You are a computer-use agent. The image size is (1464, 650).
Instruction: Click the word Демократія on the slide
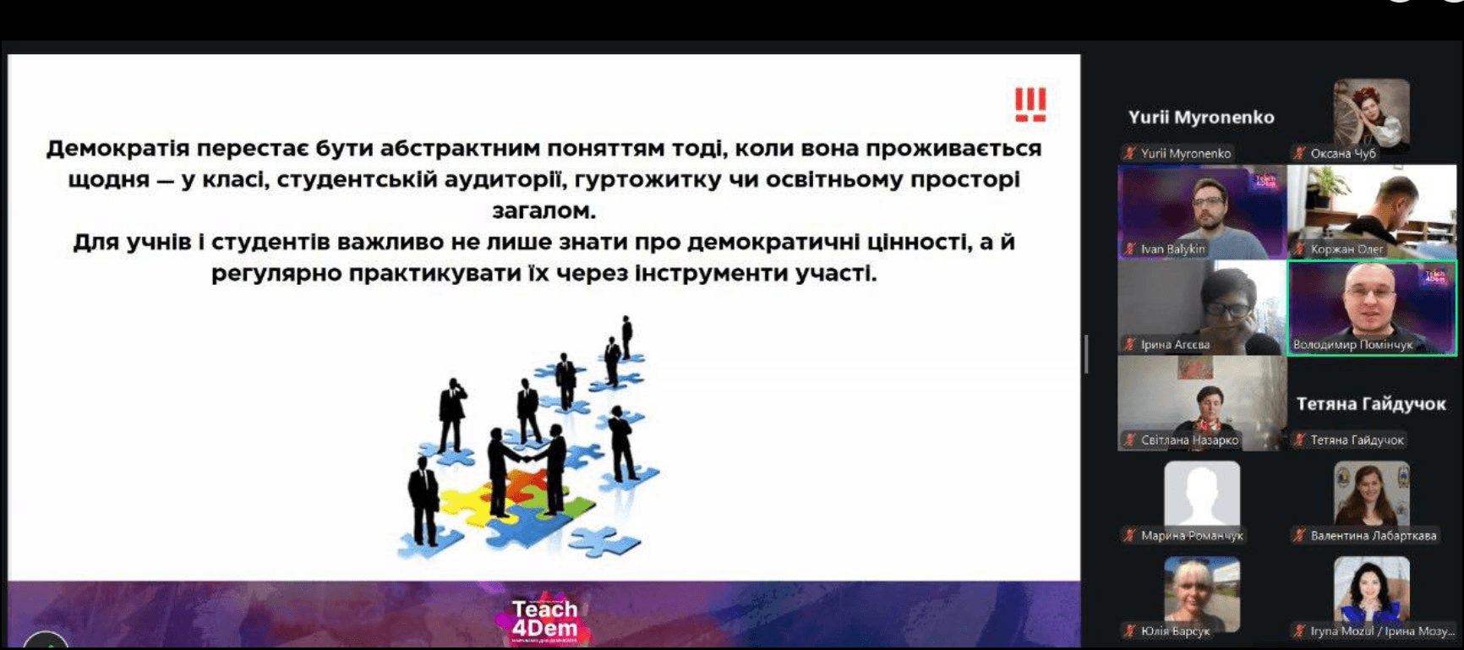click(x=117, y=149)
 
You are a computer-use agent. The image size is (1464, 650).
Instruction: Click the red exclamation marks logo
click(x=1030, y=105)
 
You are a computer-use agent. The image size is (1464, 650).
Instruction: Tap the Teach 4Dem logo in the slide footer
click(x=545, y=620)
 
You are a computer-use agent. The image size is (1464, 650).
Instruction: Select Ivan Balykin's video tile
click(x=1201, y=211)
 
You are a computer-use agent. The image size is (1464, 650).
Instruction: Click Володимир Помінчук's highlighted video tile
click(x=1371, y=306)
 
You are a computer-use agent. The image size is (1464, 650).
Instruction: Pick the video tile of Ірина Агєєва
click(x=1201, y=306)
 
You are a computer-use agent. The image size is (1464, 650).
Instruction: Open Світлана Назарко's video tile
click(x=1201, y=401)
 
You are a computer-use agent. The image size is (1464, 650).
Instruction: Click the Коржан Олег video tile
click(x=1371, y=211)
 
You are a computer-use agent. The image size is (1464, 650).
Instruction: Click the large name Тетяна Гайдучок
click(x=1371, y=404)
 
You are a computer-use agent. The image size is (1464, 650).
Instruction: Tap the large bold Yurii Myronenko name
click(x=1201, y=117)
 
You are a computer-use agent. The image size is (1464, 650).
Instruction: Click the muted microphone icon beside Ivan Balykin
click(x=1129, y=249)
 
